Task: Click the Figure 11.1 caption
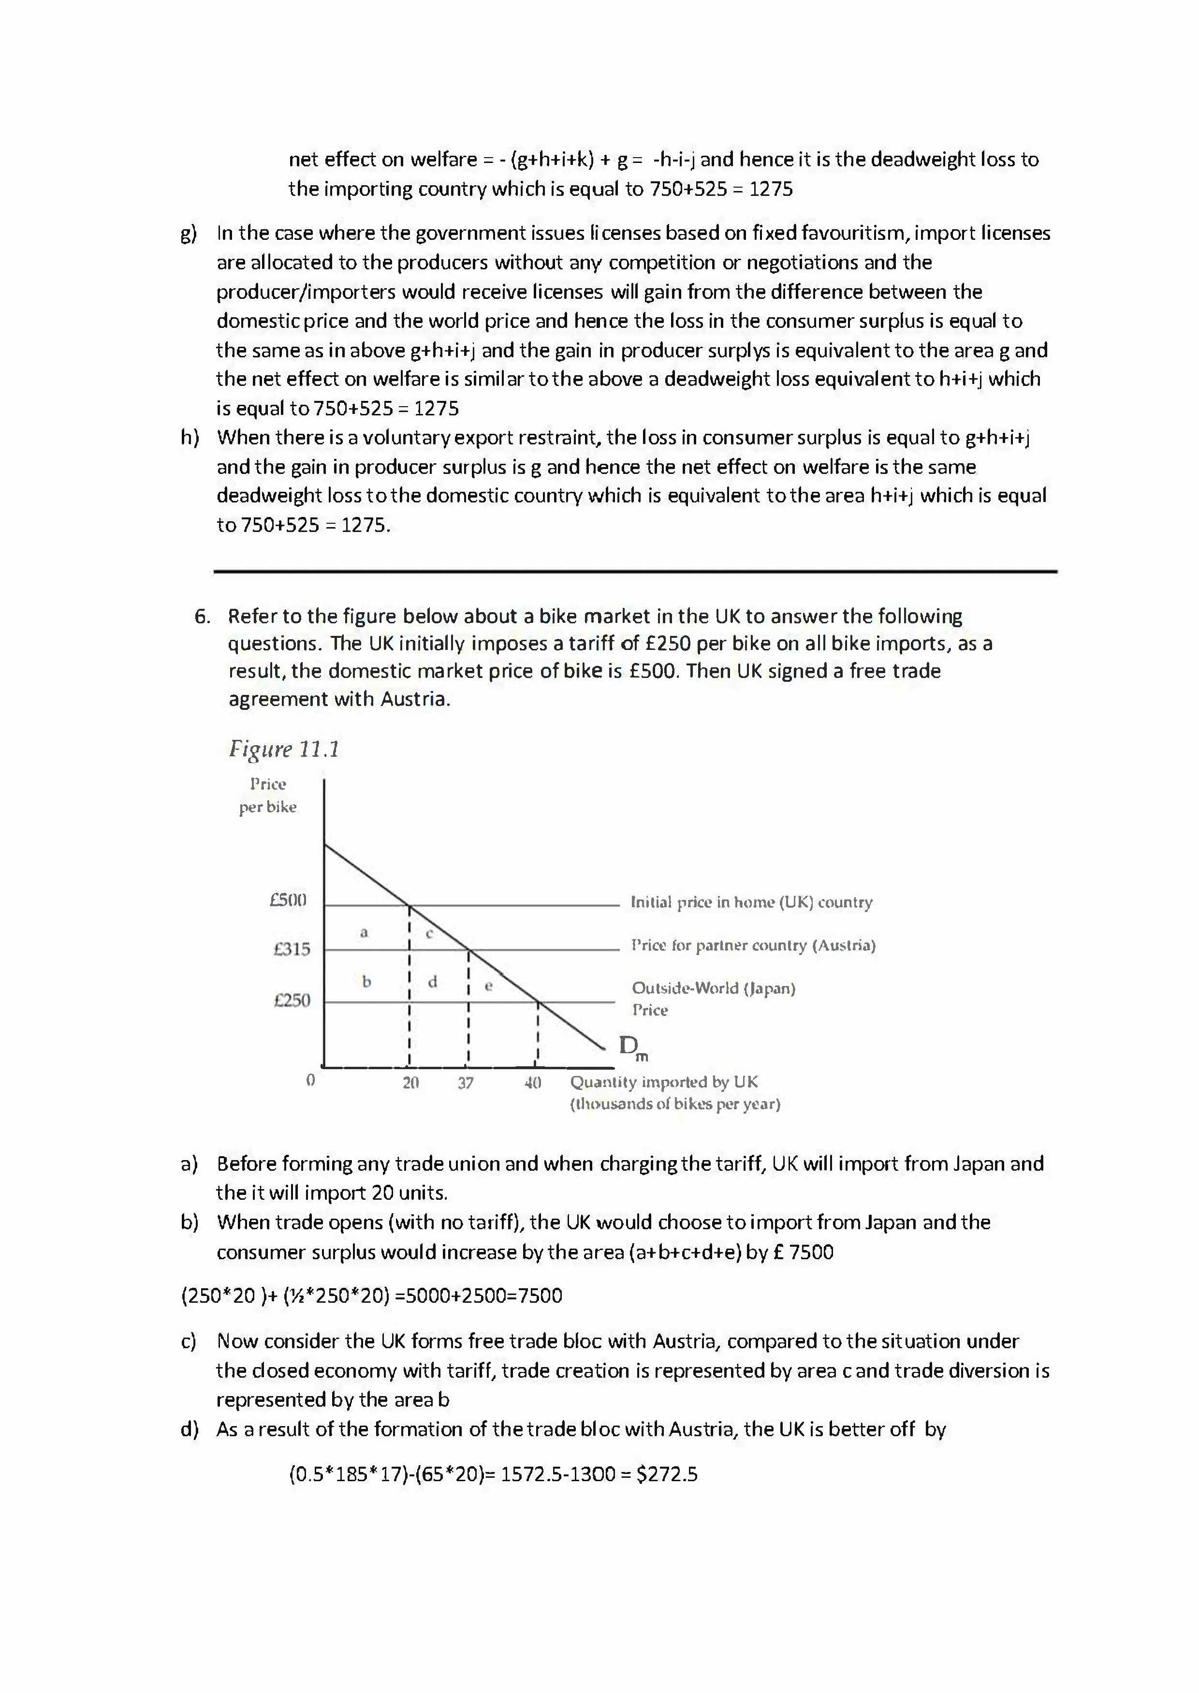(x=283, y=750)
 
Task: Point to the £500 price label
(x=288, y=900)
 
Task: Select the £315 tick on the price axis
(x=292, y=949)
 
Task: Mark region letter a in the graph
(x=363, y=932)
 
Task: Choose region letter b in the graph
(x=366, y=981)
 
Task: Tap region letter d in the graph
(x=433, y=982)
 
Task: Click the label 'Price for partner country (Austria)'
(x=752, y=946)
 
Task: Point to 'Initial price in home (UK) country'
(x=751, y=902)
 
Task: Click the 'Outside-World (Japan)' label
(x=713, y=988)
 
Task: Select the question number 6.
(x=202, y=617)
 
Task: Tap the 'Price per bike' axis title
(x=267, y=795)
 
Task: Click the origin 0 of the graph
(x=310, y=1080)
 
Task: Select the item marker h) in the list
(x=190, y=438)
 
